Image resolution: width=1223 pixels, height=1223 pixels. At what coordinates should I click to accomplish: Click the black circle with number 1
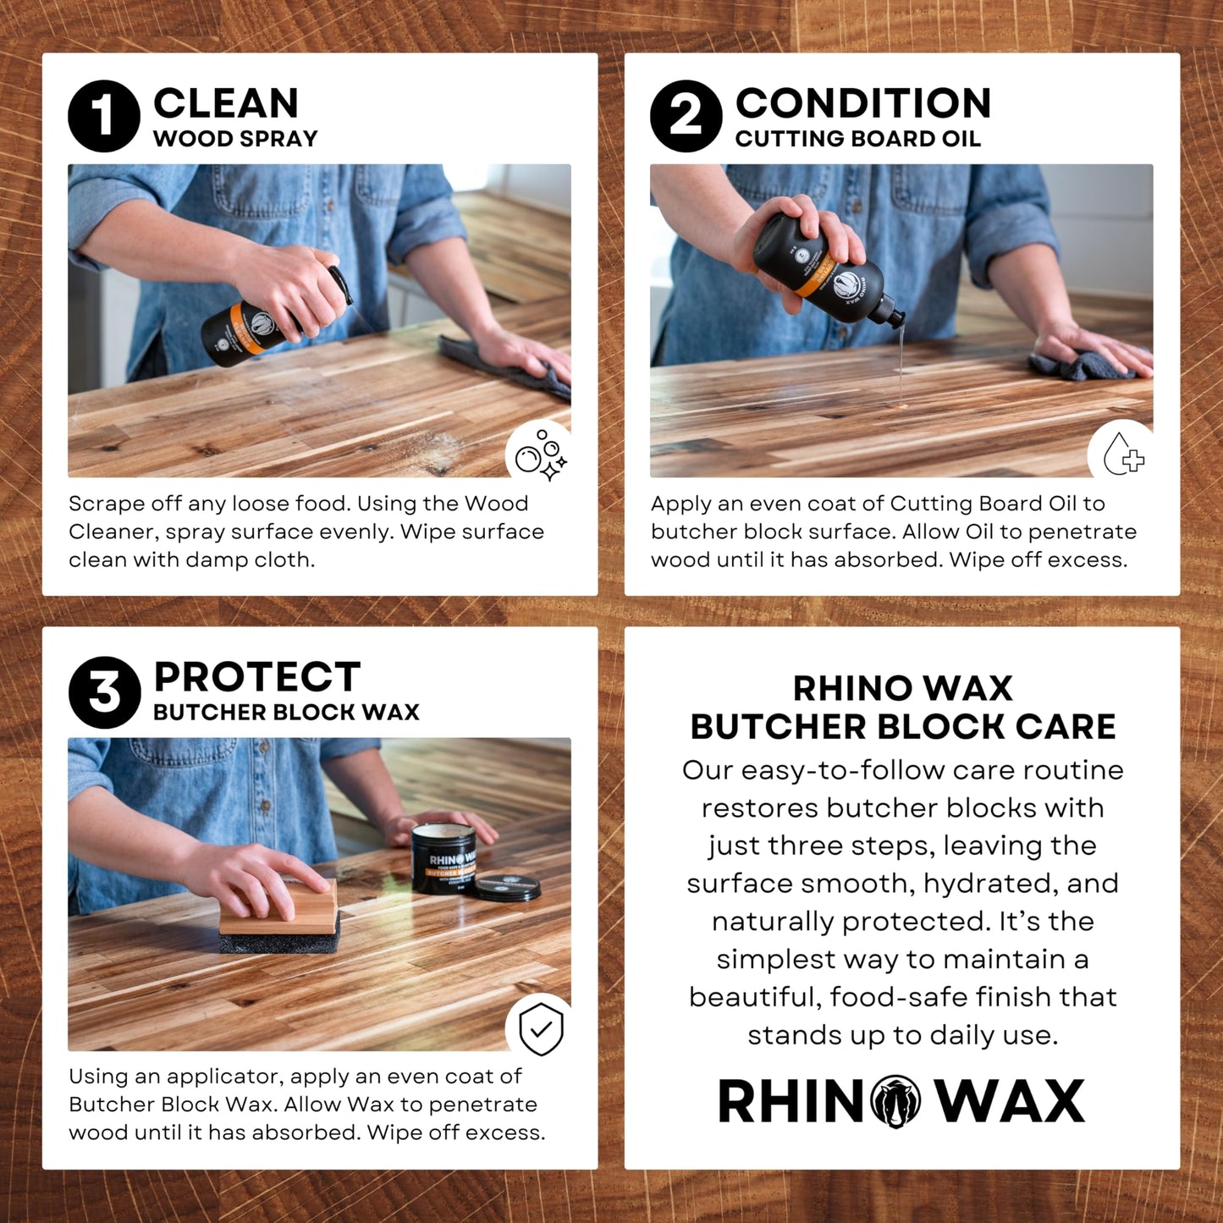[103, 116]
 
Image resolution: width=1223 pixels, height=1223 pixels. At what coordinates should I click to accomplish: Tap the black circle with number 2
[686, 116]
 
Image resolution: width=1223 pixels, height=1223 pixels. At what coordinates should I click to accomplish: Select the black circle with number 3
[104, 691]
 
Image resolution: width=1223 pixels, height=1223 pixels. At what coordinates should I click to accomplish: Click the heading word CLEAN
[226, 103]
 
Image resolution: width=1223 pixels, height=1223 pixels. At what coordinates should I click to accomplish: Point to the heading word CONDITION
[862, 103]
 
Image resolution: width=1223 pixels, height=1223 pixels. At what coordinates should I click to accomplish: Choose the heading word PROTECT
[256, 677]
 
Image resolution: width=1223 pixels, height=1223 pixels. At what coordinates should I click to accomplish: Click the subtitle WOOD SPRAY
[235, 139]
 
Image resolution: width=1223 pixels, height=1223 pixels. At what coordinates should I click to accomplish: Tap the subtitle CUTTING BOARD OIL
[857, 139]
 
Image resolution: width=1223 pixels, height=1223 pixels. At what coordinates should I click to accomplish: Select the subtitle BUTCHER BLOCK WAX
[286, 713]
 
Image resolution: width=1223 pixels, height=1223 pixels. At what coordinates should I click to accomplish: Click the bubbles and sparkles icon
[540, 455]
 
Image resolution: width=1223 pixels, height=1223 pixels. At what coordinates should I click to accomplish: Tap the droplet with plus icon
[1122, 455]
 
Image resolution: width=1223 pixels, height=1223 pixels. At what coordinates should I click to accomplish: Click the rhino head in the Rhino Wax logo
[895, 1101]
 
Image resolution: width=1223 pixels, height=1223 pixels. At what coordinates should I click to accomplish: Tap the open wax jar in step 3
[443, 858]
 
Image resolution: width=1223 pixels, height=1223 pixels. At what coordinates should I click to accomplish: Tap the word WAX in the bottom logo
[1010, 1101]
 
